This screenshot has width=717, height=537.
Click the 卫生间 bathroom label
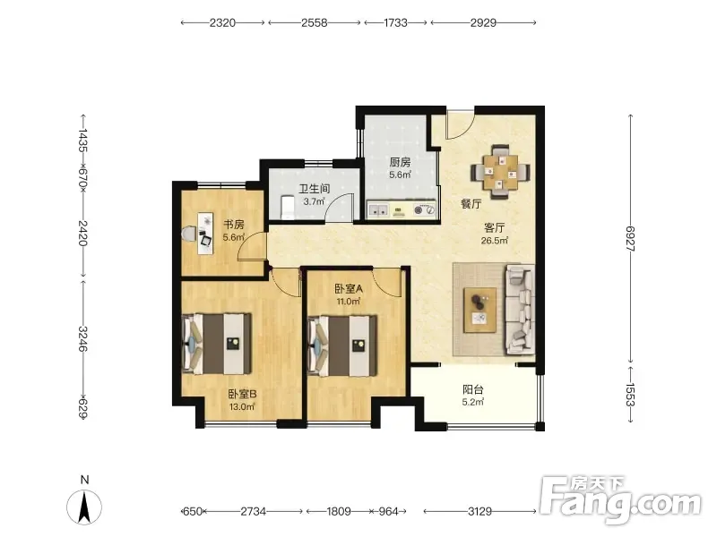pyautogui.click(x=315, y=189)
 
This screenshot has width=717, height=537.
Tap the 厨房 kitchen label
pyautogui.click(x=400, y=162)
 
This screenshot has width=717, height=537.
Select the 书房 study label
pyautogui.click(x=234, y=225)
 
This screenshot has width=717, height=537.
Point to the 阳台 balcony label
pyautogui.click(x=473, y=389)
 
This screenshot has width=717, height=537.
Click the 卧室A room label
pyautogui.click(x=349, y=288)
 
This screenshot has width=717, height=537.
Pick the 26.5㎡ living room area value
pyautogui.click(x=495, y=241)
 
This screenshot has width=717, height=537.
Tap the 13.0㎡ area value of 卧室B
pyautogui.click(x=242, y=407)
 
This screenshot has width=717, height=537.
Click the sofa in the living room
pyautogui.click(x=520, y=311)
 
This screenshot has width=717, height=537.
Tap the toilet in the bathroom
pyautogui.click(x=287, y=208)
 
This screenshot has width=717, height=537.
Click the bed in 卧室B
pyautogui.click(x=217, y=344)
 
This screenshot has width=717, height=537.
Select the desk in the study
pyautogui.click(x=205, y=233)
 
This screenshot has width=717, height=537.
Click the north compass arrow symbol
pyautogui.click(x=84, y=507)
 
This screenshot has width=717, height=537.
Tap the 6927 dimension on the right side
pyautogui.click(x=631, y=239)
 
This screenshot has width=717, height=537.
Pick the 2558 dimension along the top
pyautogui.click(x=315, y=22)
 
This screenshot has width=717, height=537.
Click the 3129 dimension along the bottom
pyautogui.click(x=479, y=511)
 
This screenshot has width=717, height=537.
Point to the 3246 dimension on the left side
pyautogui.click(x=82, y=338)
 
